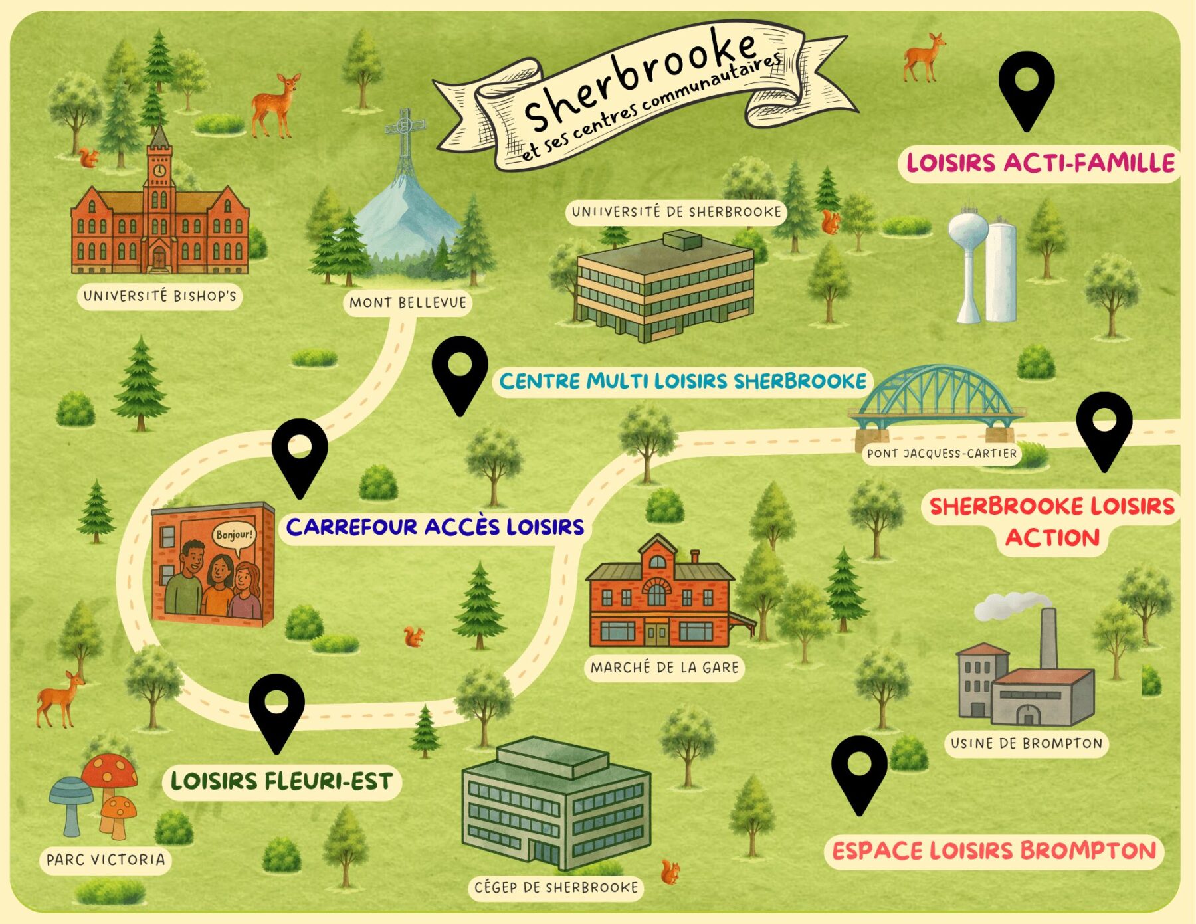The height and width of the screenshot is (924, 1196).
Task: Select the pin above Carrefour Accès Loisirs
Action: coord(300,454)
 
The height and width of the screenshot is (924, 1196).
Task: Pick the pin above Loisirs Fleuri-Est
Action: coord(276,710)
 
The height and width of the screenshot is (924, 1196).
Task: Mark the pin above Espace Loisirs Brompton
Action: coord(859,772)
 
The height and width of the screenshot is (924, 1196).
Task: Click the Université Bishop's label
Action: coord(159,296)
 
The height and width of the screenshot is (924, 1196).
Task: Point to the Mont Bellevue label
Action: coord(407,303)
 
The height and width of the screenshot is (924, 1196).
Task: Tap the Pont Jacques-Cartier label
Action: coord(942,454)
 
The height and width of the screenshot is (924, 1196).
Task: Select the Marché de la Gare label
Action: coord(664,667)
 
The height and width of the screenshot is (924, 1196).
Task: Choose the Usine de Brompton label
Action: coord(1026,743)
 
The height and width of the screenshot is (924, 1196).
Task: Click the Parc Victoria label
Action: coord(106,860)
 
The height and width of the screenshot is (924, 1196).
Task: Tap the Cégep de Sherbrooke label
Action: coord(555,887)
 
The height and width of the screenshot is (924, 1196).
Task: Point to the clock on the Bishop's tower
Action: coord(159,170)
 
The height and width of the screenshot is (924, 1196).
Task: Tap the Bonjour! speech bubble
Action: coord(234,535)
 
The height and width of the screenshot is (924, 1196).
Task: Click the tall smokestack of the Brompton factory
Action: coord(1048,638)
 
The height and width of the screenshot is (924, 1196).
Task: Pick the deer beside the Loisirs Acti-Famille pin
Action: coord(924,56)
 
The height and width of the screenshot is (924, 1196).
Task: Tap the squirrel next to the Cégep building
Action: coord(670,872)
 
